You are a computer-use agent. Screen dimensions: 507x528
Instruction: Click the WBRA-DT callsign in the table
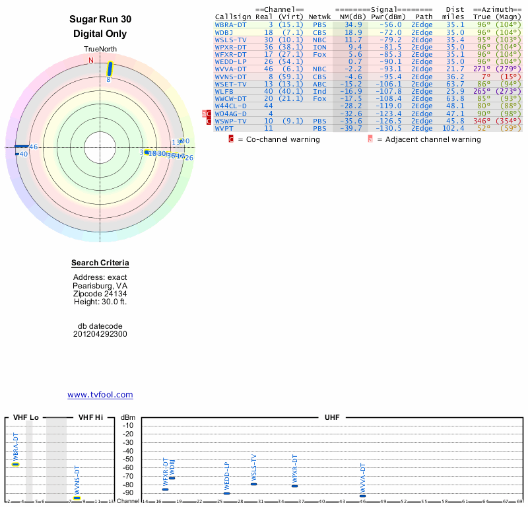pos(231,24)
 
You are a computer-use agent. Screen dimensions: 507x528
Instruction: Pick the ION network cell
pos(319,47)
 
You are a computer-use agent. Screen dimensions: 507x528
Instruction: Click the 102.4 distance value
pos(453,128)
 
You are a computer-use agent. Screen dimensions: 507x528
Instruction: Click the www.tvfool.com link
pos(100,395)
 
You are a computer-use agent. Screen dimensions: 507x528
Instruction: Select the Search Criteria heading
pos(100,263)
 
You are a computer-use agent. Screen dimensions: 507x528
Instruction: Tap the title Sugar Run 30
pos(100,20)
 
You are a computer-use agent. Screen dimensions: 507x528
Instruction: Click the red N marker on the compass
pos(91,60)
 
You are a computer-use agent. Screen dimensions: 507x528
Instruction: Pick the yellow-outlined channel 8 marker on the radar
pos(110,68)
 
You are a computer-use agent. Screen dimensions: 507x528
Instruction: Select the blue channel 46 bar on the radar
pos(22,146)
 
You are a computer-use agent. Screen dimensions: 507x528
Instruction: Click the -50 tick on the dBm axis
pos(128,459)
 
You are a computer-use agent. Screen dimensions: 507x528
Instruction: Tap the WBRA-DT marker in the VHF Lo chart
pos(16,464)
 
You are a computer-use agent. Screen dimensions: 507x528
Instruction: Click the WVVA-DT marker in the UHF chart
pos(362,496)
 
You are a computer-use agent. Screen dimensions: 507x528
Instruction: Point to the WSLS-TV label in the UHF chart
pos(253,467)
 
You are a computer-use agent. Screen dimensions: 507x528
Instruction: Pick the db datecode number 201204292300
pos(100,334)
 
